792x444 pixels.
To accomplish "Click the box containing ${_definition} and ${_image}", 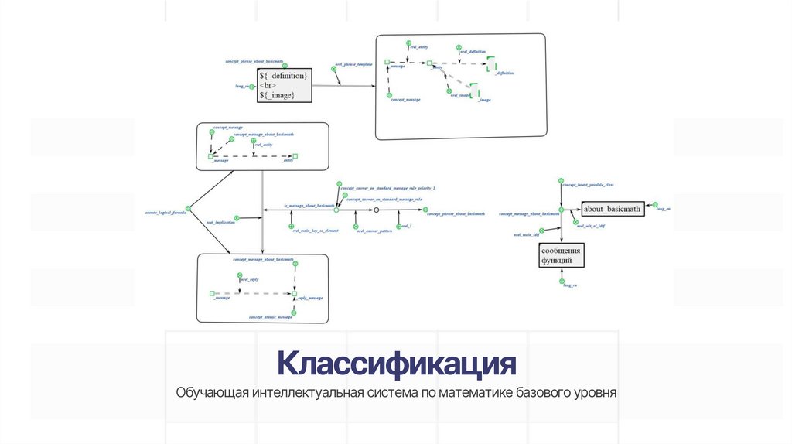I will [284, 84].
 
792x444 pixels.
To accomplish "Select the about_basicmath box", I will [613, 209].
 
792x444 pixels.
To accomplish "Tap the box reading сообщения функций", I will [561, 255].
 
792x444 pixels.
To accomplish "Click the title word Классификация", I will [396, 363].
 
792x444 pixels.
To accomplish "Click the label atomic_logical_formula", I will [166, 212].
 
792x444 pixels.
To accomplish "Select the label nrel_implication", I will [220, 223].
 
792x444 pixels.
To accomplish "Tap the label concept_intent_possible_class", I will [588, 186].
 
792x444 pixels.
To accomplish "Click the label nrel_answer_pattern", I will [374, 231].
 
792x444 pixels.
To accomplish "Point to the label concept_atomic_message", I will [271, 317].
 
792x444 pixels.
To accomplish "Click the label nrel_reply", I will [247, 280].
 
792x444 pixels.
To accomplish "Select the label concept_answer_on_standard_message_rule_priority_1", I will [388, 188].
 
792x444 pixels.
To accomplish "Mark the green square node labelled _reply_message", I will [294, 294].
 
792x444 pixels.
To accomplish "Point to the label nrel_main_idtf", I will [527, 234].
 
